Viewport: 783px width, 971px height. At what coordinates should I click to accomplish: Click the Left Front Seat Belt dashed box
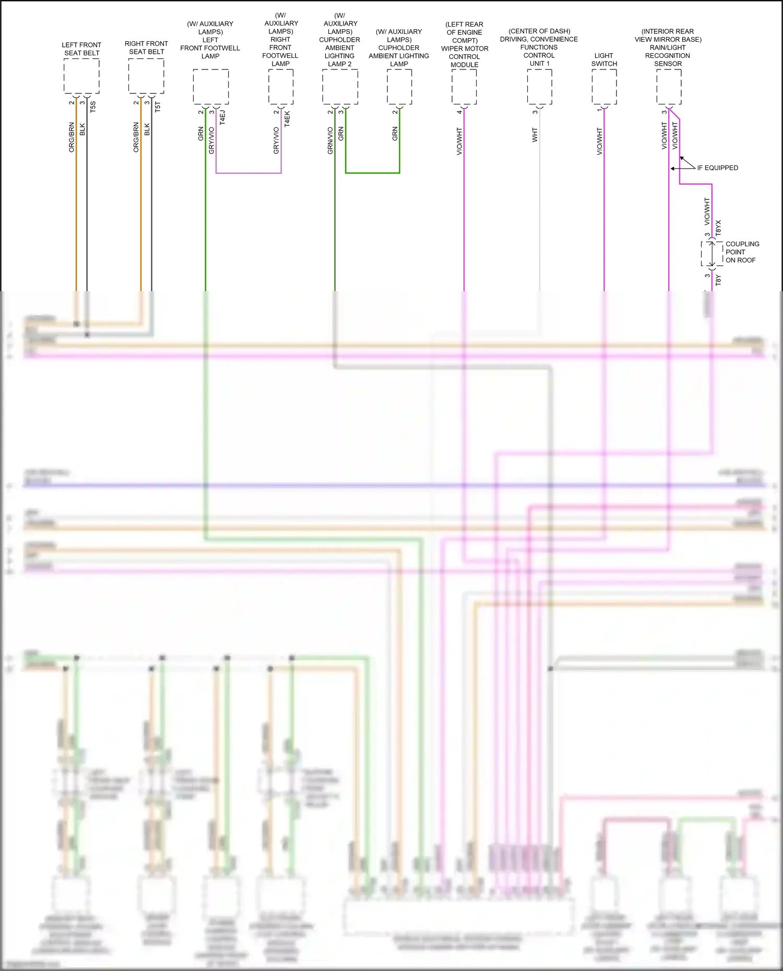[81, 76]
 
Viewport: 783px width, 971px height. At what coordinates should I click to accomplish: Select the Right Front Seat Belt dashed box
[146, 76]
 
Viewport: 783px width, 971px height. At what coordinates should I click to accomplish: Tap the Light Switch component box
[604, 87]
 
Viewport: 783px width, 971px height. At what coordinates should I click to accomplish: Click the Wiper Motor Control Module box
[464, 87]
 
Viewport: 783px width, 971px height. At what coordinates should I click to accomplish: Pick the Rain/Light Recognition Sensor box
[669, 87]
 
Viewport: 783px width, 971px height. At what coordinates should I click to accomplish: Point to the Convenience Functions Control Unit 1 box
[539, 87]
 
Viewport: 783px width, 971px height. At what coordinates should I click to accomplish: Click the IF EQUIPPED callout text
[717, 168]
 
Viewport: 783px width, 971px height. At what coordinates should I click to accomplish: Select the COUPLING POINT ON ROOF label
[742, 252]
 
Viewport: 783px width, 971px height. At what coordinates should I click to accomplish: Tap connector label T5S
[93, 107]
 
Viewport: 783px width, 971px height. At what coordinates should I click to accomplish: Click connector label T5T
[158, 107]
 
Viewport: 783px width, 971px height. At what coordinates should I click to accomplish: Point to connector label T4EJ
[222, 117]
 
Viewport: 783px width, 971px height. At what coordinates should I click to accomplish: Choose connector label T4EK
[287, 118]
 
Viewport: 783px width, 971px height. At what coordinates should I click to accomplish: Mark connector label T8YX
[718, 228]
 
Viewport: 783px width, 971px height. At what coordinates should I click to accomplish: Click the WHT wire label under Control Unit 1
[535, 135]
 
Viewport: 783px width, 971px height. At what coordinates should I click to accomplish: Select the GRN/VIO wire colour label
[330, 140]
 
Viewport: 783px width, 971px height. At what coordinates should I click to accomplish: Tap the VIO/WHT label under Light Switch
[599, 141]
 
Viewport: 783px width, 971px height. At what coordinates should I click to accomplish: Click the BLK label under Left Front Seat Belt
[82, 129]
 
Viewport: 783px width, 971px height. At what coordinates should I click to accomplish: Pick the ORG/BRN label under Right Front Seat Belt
[136, 137]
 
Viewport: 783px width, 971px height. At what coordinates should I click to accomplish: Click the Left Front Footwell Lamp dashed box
[210, 87]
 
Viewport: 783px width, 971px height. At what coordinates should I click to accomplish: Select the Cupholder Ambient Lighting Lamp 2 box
[340, 87]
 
